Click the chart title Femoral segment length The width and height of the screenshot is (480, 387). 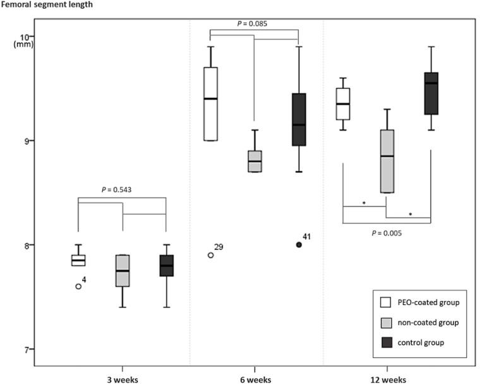(47, 4)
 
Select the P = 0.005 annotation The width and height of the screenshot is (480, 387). (386, 233)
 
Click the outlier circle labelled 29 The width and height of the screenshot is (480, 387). (210, 255)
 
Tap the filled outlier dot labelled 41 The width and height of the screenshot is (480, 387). (299, 245)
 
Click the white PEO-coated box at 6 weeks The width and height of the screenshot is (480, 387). (210, 104)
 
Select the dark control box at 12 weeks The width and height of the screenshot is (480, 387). (431, 93)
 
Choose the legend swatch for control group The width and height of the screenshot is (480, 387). (385, 342)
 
